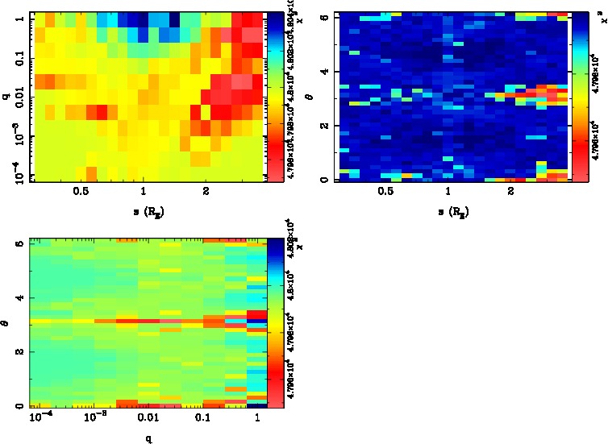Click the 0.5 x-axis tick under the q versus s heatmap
(81, 191)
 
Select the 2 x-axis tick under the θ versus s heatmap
(510, 191)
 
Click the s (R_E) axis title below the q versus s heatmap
(144, 212)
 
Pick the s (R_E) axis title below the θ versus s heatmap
(450, 212)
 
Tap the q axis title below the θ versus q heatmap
(150, 439)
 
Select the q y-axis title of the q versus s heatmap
(6, 97)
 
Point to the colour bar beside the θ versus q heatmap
(274, 322)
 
